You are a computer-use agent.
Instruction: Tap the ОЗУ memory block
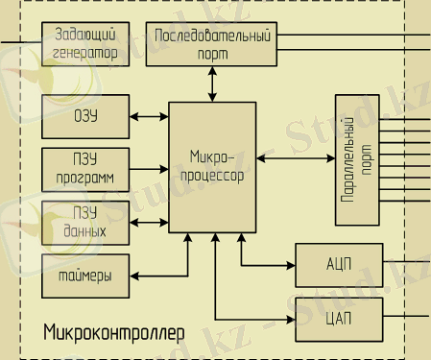(84, 116)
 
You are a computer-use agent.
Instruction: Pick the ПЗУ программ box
(84, 170)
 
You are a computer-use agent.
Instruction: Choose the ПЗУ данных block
(84, 223)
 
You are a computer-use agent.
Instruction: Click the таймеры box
(84, 276)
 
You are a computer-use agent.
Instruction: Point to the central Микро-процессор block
(212, 166)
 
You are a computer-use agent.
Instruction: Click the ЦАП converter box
(338, 317)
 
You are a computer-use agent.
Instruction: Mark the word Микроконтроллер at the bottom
(113, 332)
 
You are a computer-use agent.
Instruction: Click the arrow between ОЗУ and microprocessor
(148, 116)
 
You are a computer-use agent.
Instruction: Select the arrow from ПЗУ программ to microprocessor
(148, 170)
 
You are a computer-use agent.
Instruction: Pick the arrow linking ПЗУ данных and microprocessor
(148, 223)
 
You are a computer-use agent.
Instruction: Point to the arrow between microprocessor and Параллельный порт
(296, 159)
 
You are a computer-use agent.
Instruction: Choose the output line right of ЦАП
(405, 317)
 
